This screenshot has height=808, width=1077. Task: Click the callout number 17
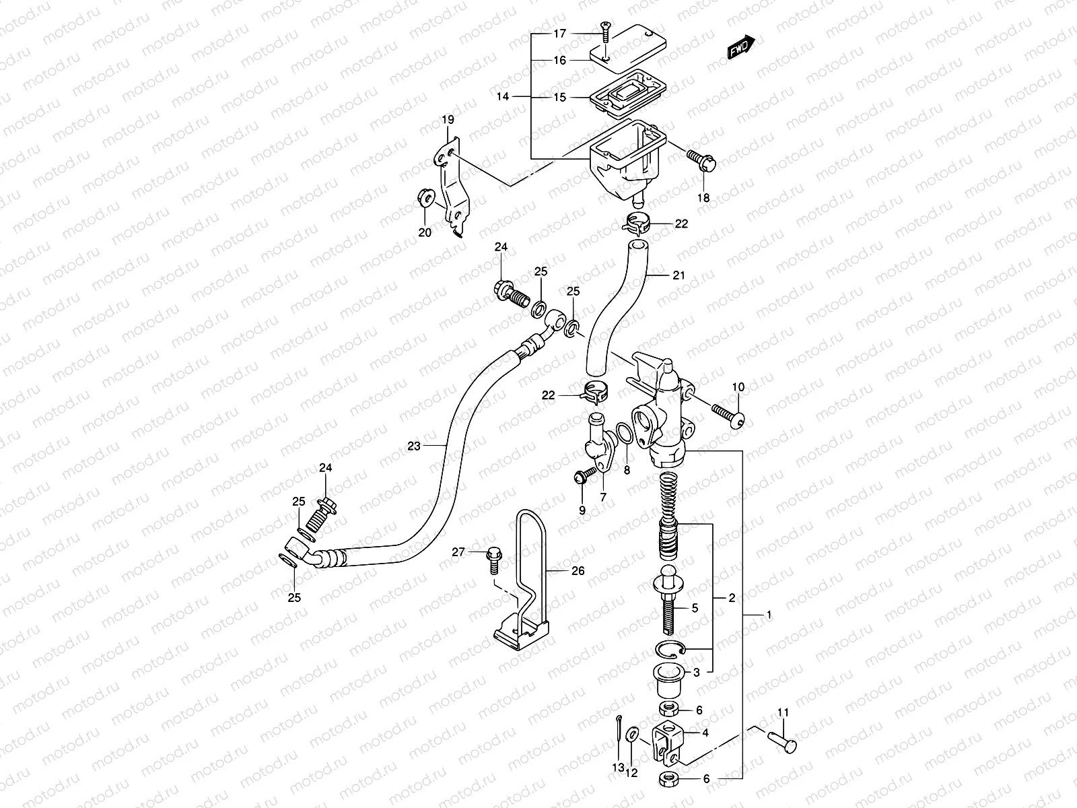tap(561, 33)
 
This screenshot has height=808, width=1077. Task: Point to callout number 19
tap(448, 120)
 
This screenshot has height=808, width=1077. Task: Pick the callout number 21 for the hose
tap(679, 275)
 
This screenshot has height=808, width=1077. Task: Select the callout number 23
tap(413, 446)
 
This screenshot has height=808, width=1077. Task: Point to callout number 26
tap(578, 570)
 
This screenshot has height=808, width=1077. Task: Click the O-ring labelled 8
tap(623, 434)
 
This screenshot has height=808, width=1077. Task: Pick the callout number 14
tap(503, 96)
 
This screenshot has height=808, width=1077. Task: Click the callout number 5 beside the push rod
tap(695, 607)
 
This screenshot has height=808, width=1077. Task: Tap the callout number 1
tap(769, 615)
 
